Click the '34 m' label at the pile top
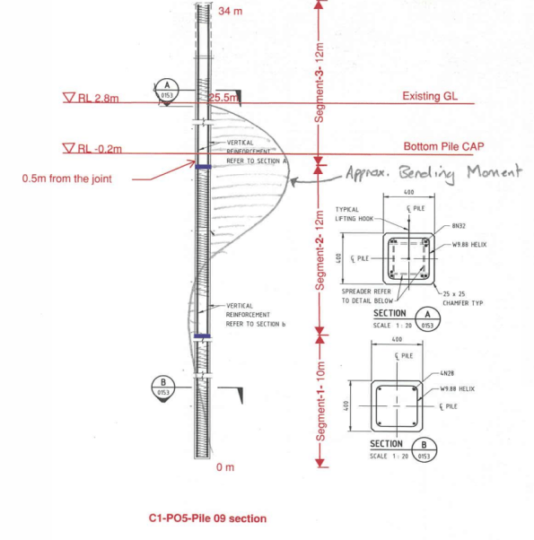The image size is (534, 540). [231, 11]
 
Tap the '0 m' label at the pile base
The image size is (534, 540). [224, 467]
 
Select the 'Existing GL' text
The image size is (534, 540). [432, 96]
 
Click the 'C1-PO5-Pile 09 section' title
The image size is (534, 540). [206, 518]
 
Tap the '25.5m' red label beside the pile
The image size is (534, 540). [223, 96]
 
